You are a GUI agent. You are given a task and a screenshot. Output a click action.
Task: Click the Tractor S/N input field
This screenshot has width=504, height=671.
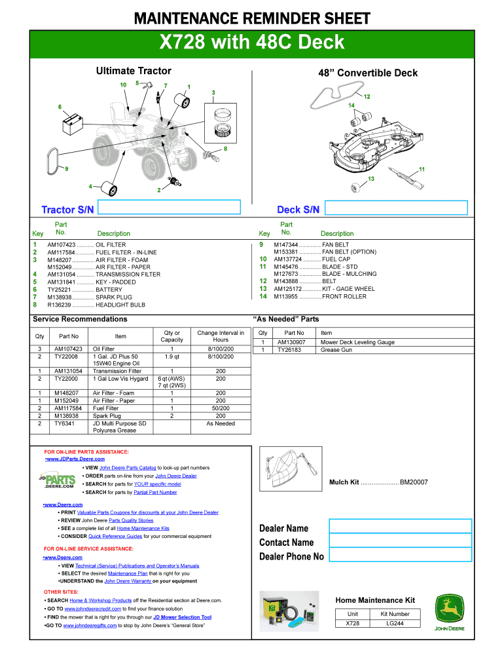170,208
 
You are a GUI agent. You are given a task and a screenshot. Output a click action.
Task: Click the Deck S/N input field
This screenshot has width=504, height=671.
396,208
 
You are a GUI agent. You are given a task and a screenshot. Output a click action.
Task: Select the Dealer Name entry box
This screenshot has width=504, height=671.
400,526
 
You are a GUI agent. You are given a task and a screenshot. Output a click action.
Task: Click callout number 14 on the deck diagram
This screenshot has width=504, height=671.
351,105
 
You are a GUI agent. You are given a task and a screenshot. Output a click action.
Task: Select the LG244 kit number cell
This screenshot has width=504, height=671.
395,623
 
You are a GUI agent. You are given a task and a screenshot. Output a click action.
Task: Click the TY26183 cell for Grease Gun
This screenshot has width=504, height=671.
289,350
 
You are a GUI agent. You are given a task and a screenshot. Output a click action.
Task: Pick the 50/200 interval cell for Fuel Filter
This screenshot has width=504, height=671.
221,408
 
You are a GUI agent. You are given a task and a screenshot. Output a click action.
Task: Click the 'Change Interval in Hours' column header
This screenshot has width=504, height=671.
221,336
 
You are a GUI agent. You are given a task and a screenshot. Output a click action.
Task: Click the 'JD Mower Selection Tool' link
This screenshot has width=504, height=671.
183,617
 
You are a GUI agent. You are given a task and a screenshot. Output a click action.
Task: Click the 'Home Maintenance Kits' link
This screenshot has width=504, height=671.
143,528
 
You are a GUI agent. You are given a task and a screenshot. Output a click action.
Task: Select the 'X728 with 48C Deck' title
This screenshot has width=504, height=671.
252,43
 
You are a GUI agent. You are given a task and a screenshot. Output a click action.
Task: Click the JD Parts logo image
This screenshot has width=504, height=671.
56,482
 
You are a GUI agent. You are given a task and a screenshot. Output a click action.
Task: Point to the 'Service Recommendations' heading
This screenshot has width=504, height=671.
80,319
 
